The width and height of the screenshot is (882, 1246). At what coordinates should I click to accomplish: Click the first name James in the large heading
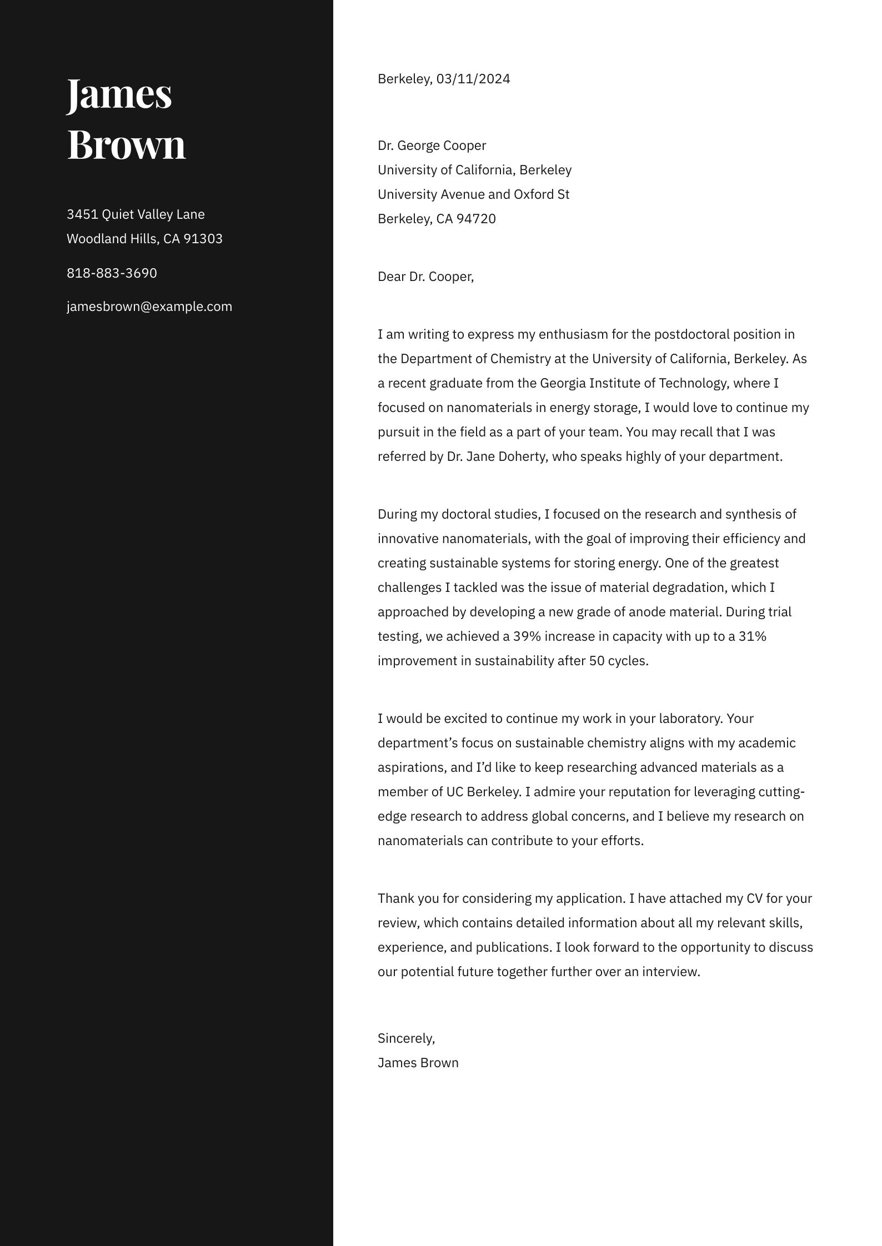(119, 94)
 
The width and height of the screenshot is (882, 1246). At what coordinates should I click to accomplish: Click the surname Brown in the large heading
(126, 144)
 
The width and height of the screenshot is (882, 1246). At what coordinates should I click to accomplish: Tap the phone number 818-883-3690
(112, 273)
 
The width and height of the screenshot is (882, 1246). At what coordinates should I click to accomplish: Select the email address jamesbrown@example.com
(149, 307)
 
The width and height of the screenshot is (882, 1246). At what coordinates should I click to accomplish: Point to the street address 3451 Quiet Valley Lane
(136, 214)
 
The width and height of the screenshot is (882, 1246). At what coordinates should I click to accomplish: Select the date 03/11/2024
(473, 79)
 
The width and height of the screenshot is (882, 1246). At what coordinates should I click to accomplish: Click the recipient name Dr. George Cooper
(432, 145)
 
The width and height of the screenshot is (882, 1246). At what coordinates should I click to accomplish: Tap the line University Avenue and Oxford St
(473, 194)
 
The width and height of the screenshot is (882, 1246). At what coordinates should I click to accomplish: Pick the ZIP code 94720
(476, 219)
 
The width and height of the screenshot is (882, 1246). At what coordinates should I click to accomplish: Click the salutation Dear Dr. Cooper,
(425, 277)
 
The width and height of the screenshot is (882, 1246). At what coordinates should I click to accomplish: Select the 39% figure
(527, 636)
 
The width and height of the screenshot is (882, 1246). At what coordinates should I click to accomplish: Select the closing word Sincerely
(405, 1038)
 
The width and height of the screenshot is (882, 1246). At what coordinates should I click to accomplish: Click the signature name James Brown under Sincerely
(418, 1063)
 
